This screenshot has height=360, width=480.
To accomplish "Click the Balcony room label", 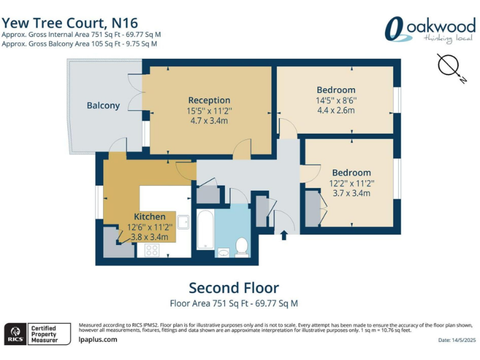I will click(x=103, y=106).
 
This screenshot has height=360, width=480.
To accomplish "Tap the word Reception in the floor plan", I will click(x=209, y=100).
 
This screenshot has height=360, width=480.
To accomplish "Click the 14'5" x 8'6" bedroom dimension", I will click(x=336, y=100).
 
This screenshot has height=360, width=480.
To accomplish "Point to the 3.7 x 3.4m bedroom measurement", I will click(x=351, y=193).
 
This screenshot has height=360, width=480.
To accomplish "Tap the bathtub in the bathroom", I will click(x=206, y=234).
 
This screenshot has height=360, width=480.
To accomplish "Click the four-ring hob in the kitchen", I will click(x=152, y=250).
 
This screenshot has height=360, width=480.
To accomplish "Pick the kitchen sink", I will click(x=183, y=222).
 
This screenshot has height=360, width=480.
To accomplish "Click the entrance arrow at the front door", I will click(x=284, y=236).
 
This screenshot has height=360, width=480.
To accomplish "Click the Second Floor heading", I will click(x=234, y=288).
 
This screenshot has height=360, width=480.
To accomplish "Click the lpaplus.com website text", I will click(x=97, y=339).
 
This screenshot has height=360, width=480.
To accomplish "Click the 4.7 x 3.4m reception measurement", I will click(x=209, y=121).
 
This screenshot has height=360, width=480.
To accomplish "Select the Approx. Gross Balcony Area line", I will click(x=79, y=44).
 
